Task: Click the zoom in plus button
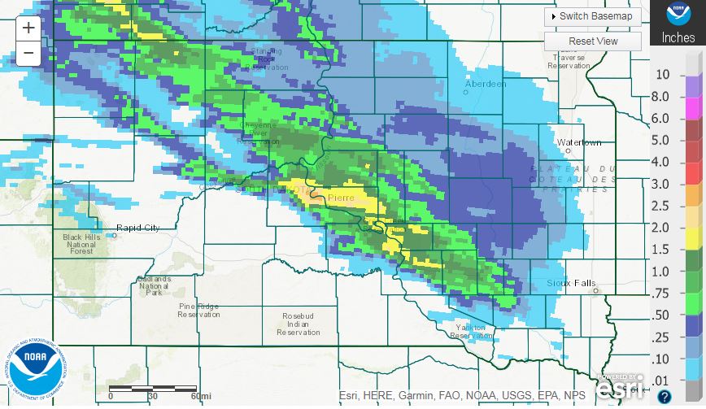coord(28,28)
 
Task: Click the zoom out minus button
coord(28,54)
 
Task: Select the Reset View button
coord(593,41)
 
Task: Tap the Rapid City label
coord(137,228)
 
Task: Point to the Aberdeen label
coord(486,84)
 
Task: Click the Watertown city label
coord(579,143)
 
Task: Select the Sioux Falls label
coord(567,284)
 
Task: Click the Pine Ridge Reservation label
coord(199,310)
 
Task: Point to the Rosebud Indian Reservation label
coord(299,324)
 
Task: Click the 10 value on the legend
coord(662,75)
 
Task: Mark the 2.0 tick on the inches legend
coord(661,228)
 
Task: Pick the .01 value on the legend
coord(662,380)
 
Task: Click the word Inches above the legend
coord(678,37)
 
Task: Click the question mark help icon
coord(665,396)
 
